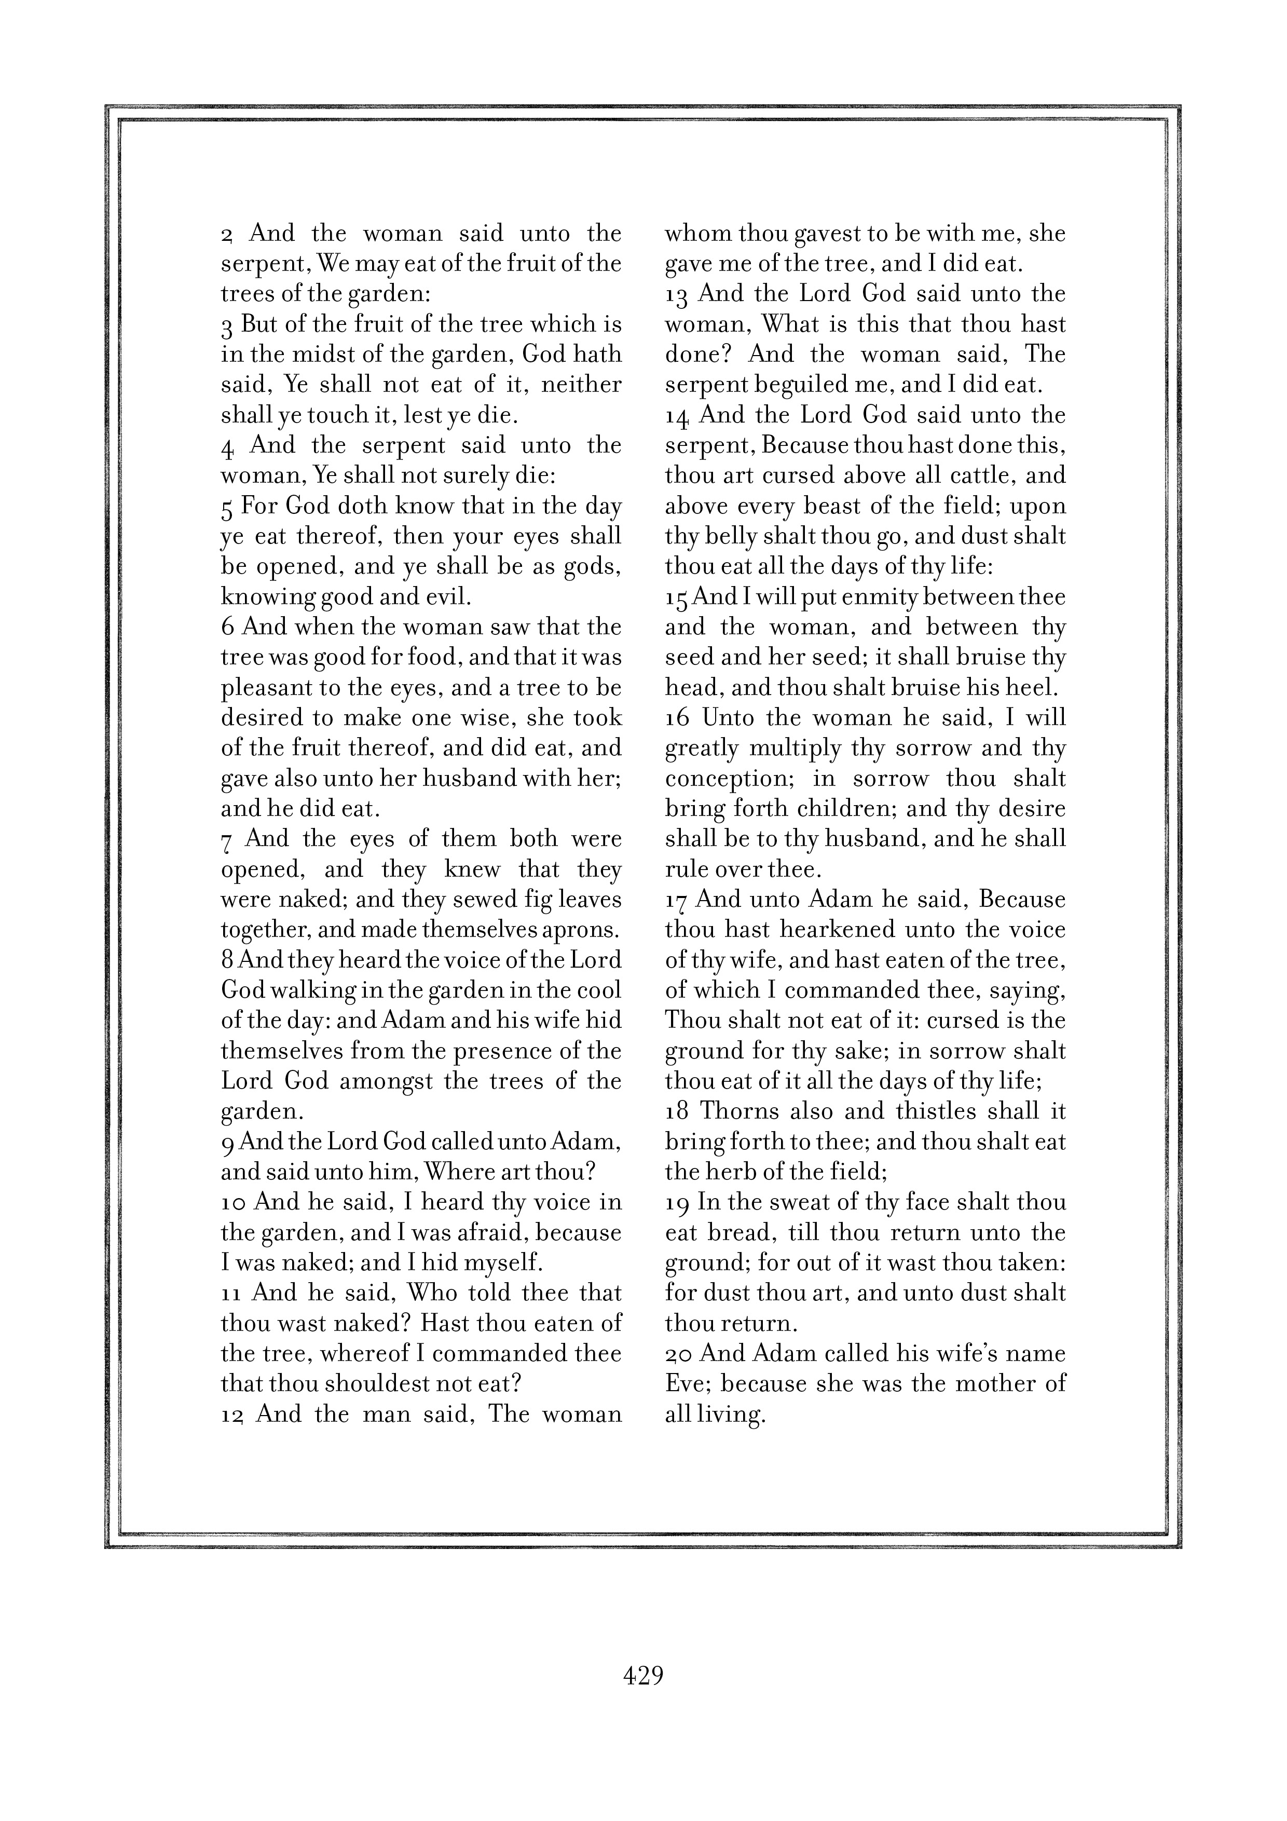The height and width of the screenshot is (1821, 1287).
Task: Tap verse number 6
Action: point(228,628)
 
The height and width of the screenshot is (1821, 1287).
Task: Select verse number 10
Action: point(234,1202)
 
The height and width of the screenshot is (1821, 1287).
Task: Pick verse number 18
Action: point(677,1112)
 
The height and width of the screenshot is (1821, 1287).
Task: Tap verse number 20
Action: point(679,1354)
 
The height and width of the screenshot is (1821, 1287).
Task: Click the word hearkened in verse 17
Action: point(838,930)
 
